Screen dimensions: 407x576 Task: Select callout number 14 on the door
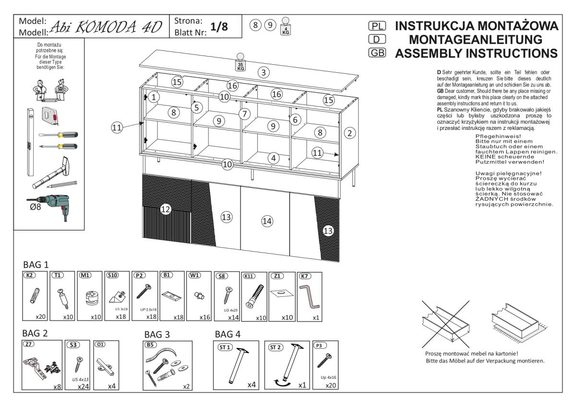point(267,221)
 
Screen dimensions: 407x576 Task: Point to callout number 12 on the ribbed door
point(166,209)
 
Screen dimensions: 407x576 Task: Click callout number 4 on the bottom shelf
point(273,157)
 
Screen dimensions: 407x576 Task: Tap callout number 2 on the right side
point(350,133)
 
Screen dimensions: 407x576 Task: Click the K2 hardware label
point(30,276)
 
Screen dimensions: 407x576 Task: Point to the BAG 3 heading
point(157,334)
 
